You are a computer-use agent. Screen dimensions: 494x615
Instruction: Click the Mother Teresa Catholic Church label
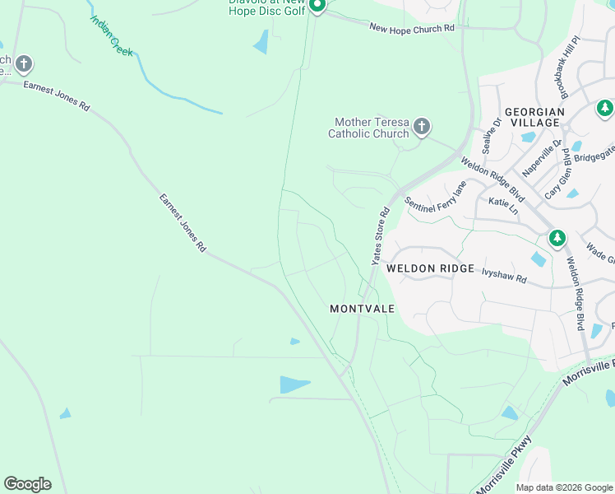pyautogui.click(x=368, y=128)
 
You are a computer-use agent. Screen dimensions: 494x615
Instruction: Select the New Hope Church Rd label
pyautogui.click(x=411, y=28)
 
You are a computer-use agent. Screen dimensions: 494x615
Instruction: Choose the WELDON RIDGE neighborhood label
pyautogui.click(x=430, y=268)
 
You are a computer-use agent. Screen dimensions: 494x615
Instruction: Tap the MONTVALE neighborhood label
pyautogui.click(x=362, y=309)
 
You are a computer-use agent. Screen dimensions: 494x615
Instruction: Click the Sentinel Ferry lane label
pyautogui.click(x=435, y=198)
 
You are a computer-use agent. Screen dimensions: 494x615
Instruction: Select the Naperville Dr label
pyautogui.click(x=543, y=158)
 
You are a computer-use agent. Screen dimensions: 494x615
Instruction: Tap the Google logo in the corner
pyautogui.click(x=27, y=484)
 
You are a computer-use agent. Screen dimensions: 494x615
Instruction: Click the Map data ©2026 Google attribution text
pyautogui.click(x=563, y=487)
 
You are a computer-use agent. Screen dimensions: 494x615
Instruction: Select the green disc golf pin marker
pyautogui.click(x=317, y=5)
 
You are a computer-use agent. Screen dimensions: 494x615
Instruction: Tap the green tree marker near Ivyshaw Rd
pyautogui.click(x=557, y=238)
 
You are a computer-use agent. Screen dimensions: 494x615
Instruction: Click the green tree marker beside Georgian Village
pyautogui.click(x=604, y=108)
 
